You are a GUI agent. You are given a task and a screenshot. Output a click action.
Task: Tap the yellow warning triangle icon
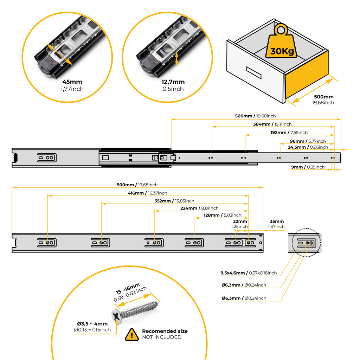132,334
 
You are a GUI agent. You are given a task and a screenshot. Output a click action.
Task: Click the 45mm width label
72,82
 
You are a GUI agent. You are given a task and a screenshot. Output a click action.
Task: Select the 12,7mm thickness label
173,82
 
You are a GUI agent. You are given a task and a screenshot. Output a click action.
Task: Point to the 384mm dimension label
272,124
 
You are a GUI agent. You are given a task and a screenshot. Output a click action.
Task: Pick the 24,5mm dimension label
308,147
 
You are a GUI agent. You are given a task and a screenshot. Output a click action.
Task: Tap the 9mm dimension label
308,167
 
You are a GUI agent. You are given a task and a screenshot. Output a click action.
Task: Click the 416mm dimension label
147,193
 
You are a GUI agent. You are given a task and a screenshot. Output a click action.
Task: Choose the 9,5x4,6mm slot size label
249,273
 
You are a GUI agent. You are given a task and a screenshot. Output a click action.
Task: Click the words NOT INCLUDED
161,337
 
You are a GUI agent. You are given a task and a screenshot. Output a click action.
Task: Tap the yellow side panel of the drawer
307,77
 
